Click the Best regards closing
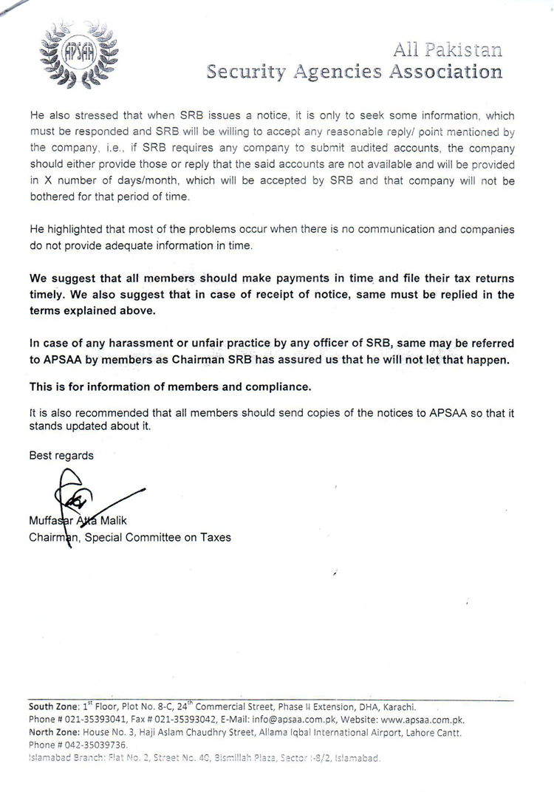61,456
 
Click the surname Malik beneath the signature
109,520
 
